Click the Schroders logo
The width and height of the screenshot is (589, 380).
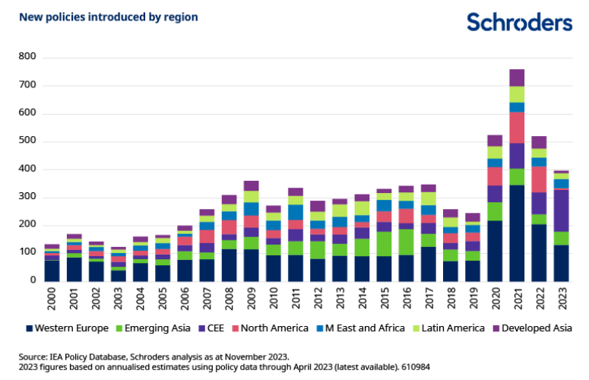[x=519, y=21]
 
